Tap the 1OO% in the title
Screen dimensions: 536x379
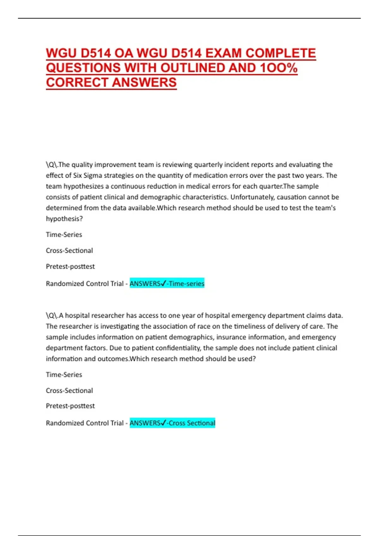pyautogui.click(x=278, y=68)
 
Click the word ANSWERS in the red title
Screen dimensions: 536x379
pyautogui.click(x=144, y=82)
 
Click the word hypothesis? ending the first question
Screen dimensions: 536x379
pyautogui.click(x=64, y=218)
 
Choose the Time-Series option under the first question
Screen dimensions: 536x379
pyautogui.click(x=64, y=235)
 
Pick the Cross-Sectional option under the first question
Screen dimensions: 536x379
pyautogui.click(x=69, y=250)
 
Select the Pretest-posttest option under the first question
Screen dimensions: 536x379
pyautogui.click(x=70, y=266)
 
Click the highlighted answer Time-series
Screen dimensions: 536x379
pyautogui.click(x=187, y=283)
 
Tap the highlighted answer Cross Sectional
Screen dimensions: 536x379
pyautogui.click(x=192, y=423)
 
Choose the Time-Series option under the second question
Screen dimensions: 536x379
pyautogui.click(x=64, y=375)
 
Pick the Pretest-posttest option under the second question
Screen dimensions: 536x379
pyautogui.click(x=70, y=406)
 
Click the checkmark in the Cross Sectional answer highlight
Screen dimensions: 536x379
pyautogui.click(x=163, y=423)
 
